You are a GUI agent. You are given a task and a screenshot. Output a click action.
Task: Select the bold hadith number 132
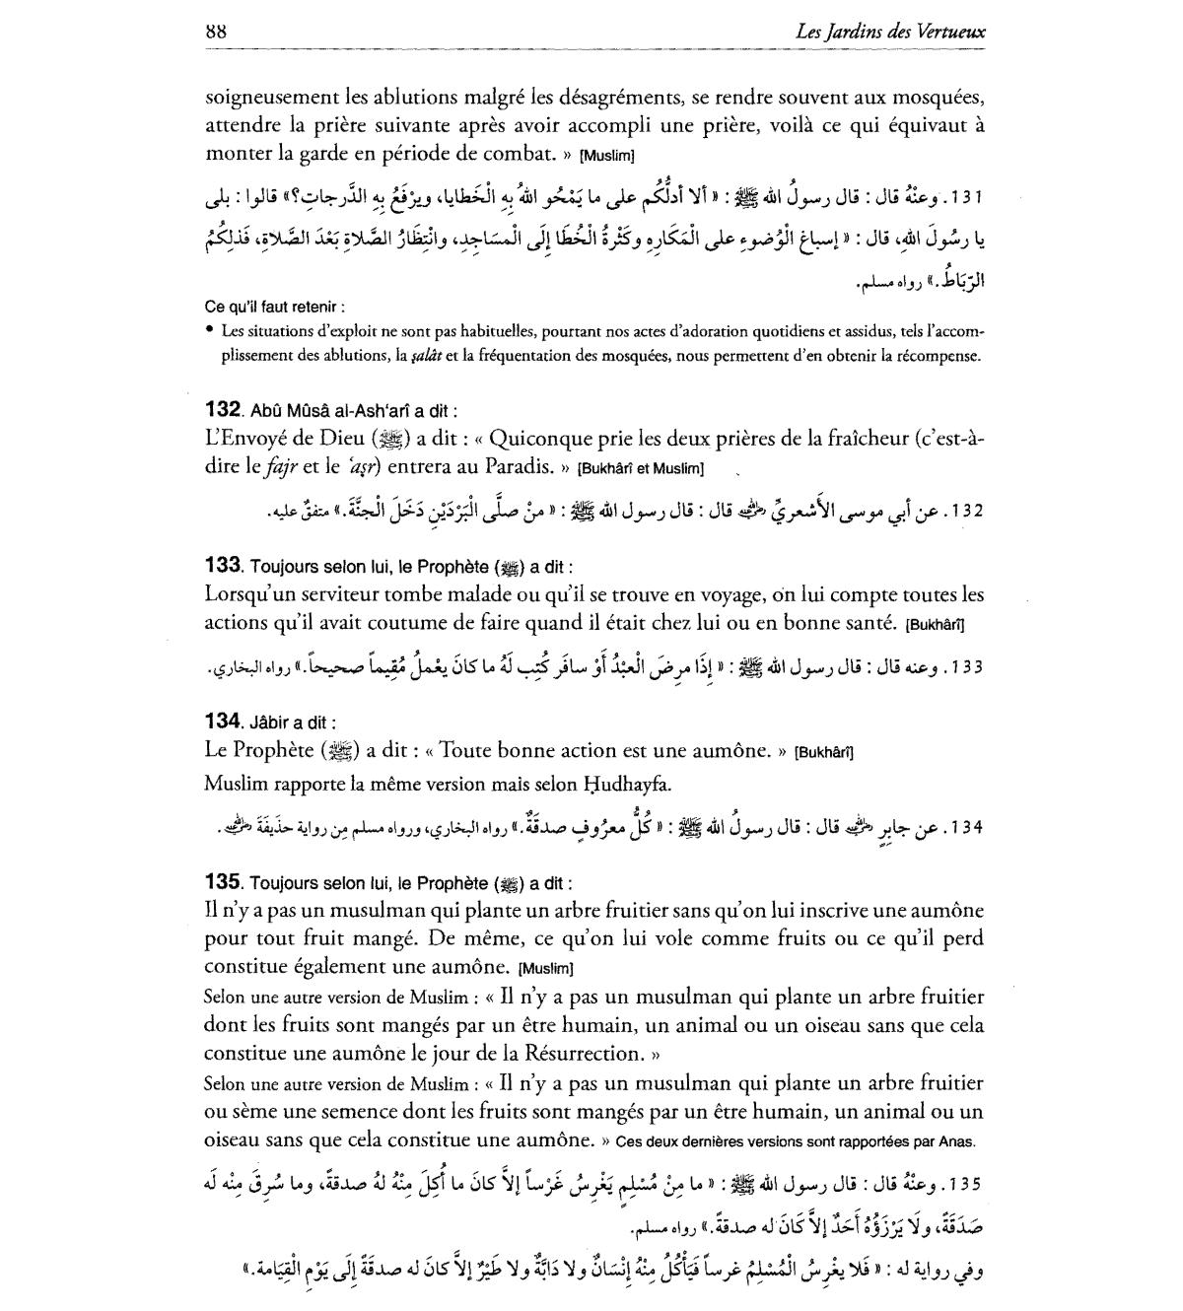click(x=224, y=409)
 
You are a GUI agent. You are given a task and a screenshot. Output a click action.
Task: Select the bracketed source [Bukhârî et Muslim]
click(x=640, y=467)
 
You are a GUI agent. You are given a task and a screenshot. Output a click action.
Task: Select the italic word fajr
click(x=281, y=466)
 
